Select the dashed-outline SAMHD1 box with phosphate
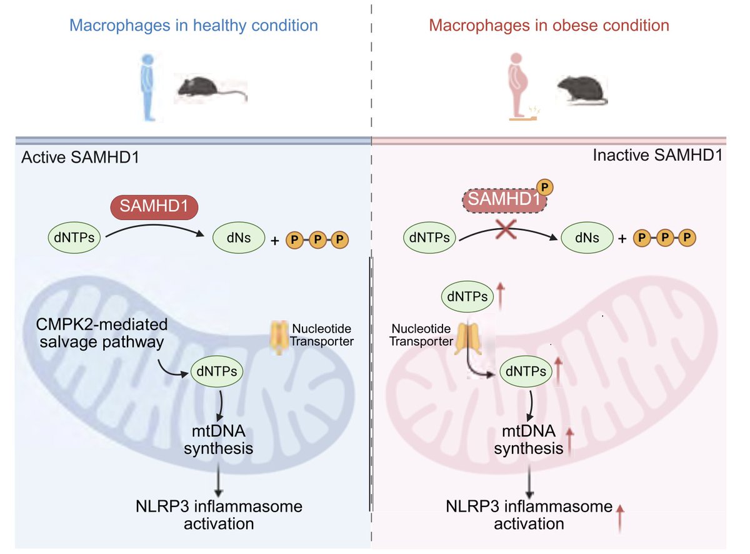point(504,199)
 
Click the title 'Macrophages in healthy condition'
point(194,26)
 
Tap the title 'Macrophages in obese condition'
point(549,26)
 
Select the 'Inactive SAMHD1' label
point(657,156)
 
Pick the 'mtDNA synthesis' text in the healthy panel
point(217,439)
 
